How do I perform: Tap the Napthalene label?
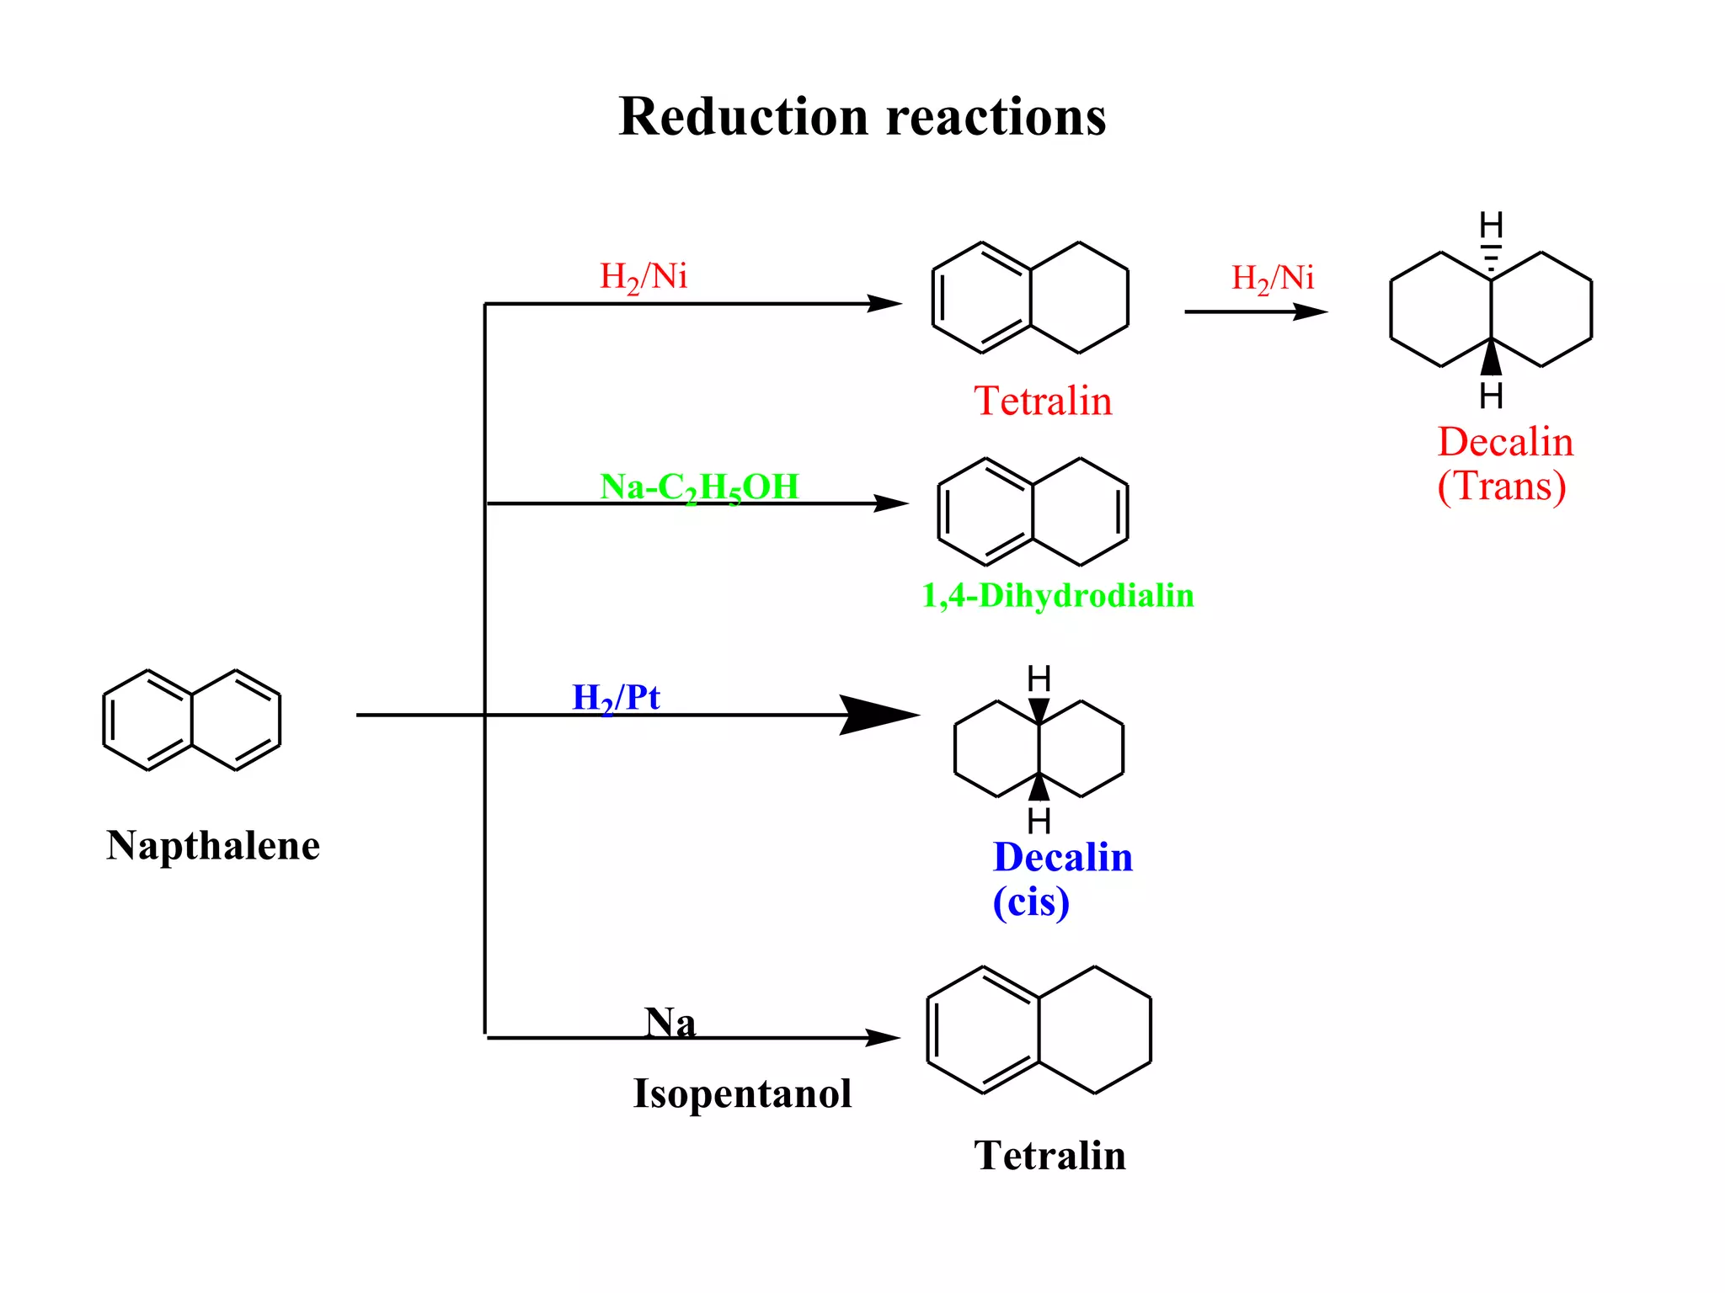(x=213, y=845)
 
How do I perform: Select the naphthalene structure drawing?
(x=192, y=721)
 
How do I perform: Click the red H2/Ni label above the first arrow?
(x=644, y=277)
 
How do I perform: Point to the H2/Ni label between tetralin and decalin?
(x=1272, y=279)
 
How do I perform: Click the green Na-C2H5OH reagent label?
(x=699, y=487)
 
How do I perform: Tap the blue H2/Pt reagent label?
(x=616, y=698)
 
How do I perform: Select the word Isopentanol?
(x=742, y=1093)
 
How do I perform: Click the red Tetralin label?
(x=1043, y=401)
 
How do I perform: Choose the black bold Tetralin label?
(x=1049, y=1155)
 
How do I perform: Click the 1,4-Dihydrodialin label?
(x=1058, y=596)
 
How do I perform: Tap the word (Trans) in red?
(x=1501, y=487)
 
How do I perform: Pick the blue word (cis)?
(x=1031, y=902)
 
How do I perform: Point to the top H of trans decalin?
(x=1491, y=226)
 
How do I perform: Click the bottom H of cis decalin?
(x=1039, y=820)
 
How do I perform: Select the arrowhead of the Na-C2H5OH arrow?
(x=891, y=503)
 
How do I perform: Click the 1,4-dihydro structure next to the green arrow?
(x=1033, y=512)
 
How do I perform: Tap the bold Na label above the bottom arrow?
(x=670, y=1023)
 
